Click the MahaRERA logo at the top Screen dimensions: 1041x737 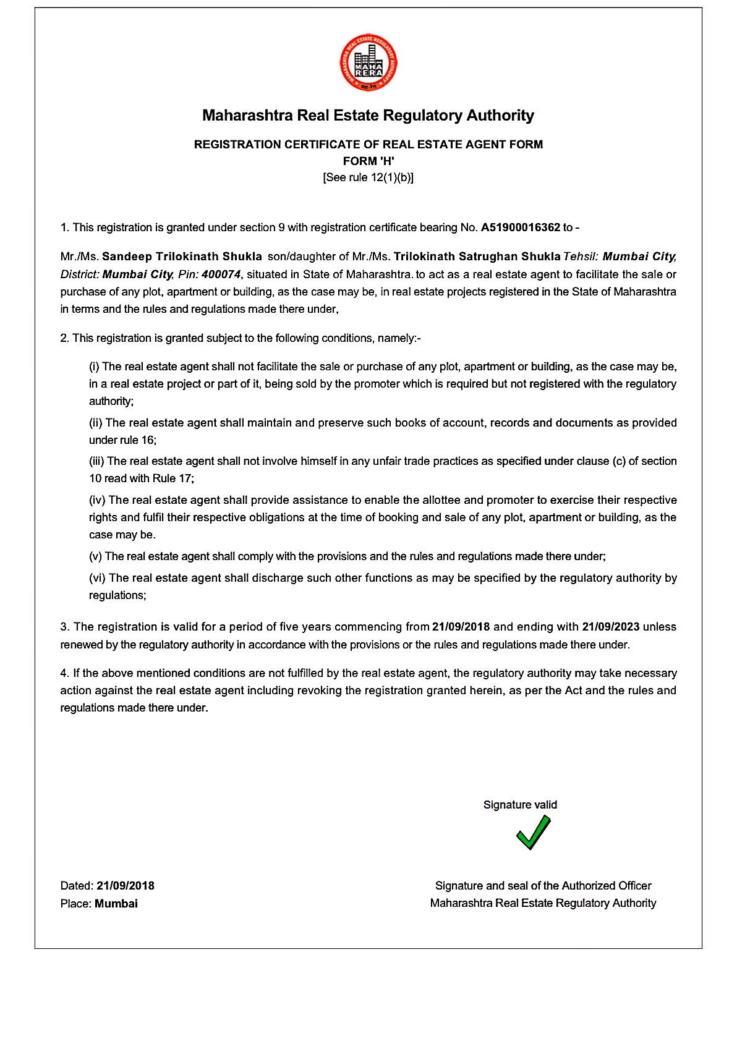tap(368, 62)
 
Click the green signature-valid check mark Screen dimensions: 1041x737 tap(533, 832)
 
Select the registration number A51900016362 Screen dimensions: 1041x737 tap(520, 227)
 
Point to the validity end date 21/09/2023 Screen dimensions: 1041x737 tap(610, 627)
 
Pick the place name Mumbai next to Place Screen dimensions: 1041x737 tap(116, 903)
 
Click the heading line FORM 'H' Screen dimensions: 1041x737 tap(368, 161)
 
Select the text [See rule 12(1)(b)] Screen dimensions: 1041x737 tap(368, 178)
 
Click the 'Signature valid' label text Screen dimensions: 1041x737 tap(520, 805)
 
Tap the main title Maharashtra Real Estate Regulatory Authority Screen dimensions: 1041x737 tap(368, 116)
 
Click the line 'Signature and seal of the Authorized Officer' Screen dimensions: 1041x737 tap(543, 886)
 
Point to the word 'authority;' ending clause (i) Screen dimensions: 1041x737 tap(111, 401)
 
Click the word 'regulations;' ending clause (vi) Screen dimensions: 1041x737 tap(117, 595)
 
